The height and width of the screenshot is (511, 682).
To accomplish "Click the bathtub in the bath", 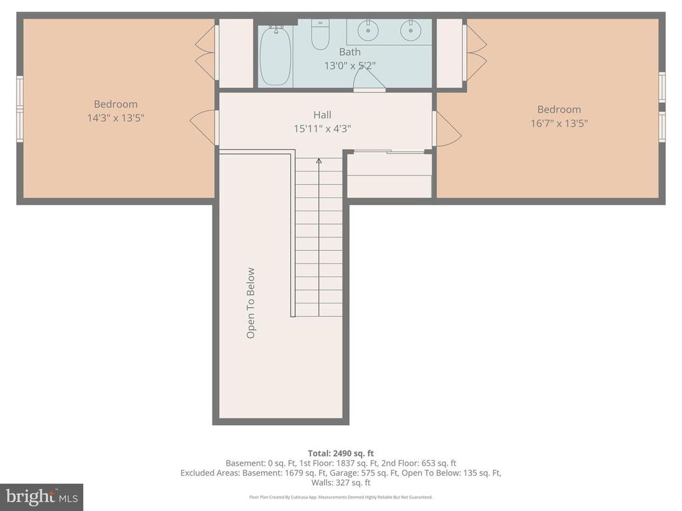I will (275, 55).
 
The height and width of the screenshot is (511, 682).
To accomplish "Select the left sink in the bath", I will (367, 30).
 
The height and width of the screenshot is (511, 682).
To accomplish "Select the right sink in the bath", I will (410, 30).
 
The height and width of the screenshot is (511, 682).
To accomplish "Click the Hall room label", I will (322, 115).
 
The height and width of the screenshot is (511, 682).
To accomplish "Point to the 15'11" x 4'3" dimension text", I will (322, 128).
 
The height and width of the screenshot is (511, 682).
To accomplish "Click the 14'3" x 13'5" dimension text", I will (116, 118).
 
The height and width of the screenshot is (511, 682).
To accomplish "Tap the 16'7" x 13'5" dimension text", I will (559, 123).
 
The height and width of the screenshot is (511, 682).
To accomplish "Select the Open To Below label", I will (251, 303).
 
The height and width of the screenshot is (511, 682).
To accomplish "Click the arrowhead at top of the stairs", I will (319, 160).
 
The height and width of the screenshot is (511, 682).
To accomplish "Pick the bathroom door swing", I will (368, 80).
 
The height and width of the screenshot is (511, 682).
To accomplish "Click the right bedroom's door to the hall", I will (447, 129).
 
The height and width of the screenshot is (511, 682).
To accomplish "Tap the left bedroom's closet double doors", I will (205, 53).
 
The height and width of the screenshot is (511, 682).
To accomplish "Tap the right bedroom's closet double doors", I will (476, 53).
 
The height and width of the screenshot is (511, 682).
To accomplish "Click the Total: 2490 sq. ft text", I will (340, 453).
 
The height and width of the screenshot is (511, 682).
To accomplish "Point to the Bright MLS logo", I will (41, 497).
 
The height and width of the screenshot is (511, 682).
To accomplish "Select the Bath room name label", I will (350, 52).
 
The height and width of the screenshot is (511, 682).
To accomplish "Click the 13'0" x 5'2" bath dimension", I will (350, 65).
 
